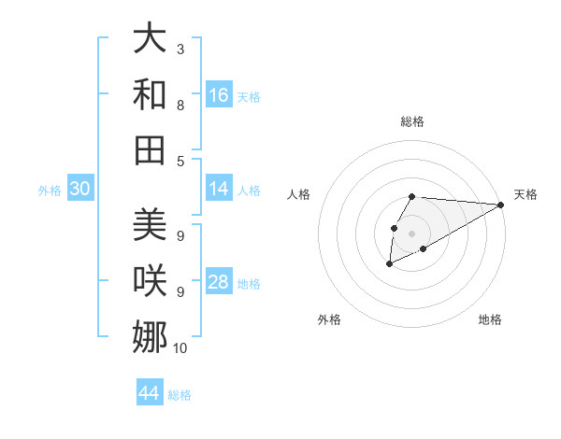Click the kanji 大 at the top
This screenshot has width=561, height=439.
coord(150,39)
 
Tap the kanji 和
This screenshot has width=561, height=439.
coord(150,94)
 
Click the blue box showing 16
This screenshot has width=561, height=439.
coord(219,95)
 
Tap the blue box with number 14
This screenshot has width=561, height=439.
coord(219,189)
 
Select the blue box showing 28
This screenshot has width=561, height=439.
coord(219,282)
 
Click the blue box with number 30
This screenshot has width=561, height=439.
coord(79,190)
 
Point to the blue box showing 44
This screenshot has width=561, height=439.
coord(150,393)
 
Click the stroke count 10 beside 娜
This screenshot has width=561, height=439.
coord(180,348)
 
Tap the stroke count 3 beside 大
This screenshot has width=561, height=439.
coord(180,49)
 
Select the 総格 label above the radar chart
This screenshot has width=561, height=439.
coord(411,121)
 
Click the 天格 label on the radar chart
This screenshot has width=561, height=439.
coord(525,194)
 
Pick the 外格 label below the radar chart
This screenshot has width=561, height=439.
coord(329,319)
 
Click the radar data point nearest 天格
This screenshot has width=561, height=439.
coord(501,205)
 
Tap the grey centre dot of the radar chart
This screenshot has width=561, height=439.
coord(411,233)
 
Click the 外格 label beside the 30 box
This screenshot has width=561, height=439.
coord(50,191)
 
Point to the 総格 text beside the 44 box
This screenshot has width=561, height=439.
coord(180,395)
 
